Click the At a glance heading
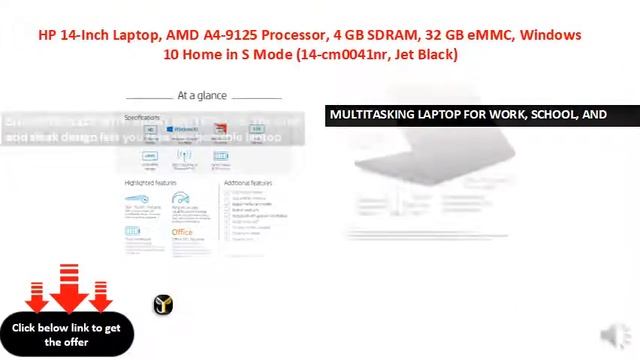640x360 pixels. [x=202, y=96]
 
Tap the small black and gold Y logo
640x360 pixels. [x=164, y=305]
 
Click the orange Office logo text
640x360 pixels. [x=182, y=232]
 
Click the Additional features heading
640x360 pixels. [x=248, y=184]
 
